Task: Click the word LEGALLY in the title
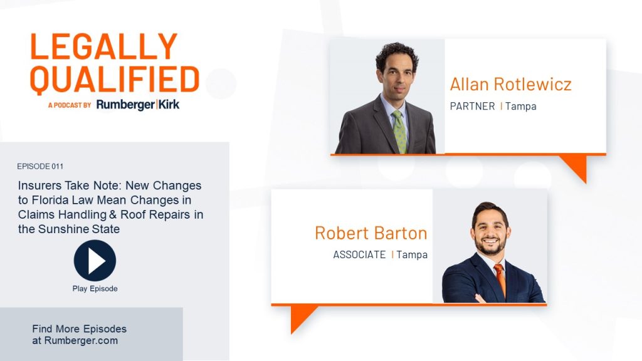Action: click(104, 46)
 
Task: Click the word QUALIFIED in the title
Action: click(115, 80)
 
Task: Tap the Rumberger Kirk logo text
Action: click(138, 105)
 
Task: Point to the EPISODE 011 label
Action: click(40, 166)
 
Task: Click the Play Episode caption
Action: click(95, 288)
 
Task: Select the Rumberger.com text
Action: click(81, 340)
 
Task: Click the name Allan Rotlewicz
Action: click(510, 85)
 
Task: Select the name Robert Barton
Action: click(371, 233)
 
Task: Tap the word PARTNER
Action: click(473, 107)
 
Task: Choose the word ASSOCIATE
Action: click(359, 254)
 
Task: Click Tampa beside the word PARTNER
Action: click(521, 107)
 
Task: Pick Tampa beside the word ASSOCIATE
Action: click(412, 254)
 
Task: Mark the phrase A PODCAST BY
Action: click(70, 105)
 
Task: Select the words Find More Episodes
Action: click(80, 328)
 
